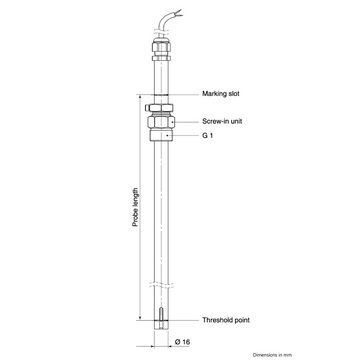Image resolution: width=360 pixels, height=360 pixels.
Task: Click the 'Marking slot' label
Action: (221, 94)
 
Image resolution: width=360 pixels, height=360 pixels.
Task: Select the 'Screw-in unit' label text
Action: (222, 121)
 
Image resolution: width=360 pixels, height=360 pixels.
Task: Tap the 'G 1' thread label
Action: (207, 136)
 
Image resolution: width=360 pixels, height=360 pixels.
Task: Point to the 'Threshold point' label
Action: (226, 320)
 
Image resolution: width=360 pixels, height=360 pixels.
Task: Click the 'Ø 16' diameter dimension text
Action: (182, 342)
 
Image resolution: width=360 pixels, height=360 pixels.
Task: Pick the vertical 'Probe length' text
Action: (135, 207)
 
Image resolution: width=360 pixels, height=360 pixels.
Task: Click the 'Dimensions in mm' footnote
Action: (272, 355)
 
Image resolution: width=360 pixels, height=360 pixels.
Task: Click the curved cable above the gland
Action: (167, 23)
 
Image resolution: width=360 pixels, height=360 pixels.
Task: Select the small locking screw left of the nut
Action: (147, 108)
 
